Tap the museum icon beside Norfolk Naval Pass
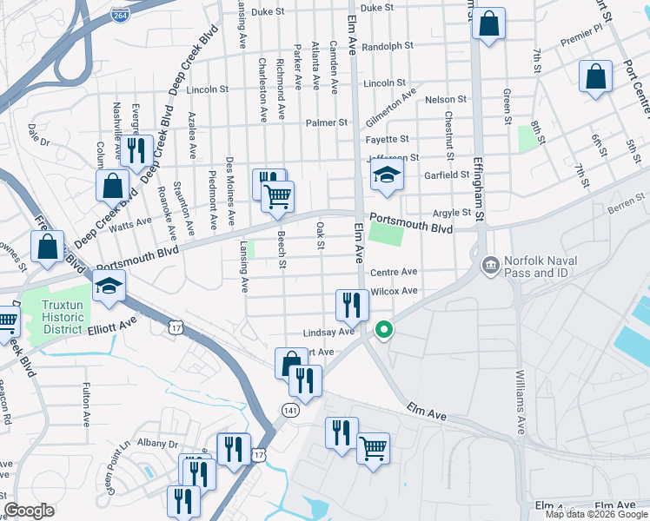(489, 262)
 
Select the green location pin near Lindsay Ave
(383, 330)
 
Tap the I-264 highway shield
(120, 14)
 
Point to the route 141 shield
(290, 408)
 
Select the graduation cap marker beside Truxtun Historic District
(109, 286)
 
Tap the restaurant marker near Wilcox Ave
(352, 304)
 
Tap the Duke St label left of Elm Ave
(268, 11)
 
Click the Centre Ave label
(394, 272)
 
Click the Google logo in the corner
(30, 511)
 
